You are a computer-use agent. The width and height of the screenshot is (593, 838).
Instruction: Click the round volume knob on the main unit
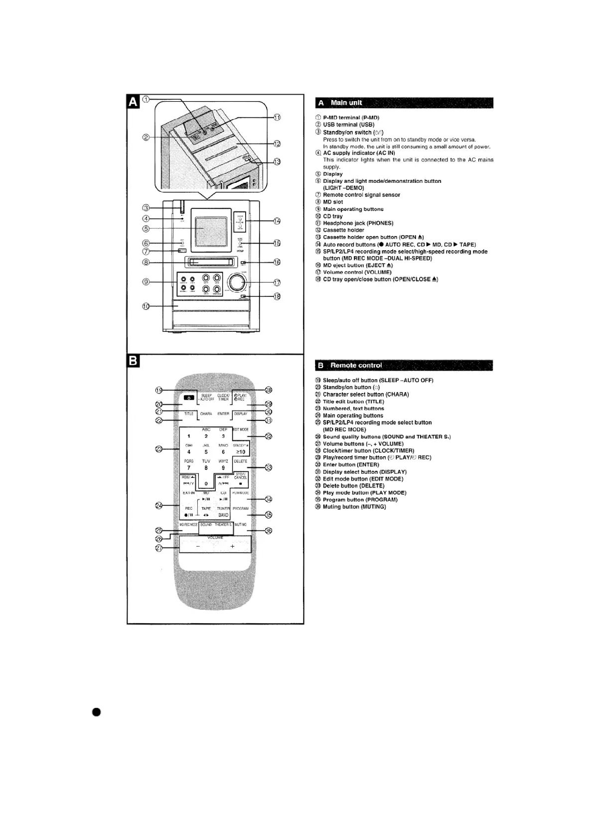click(236, 283)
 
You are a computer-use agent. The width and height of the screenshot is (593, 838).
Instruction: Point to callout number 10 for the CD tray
click(146, 306)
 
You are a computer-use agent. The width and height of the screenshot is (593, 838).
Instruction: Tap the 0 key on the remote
click(206, 484)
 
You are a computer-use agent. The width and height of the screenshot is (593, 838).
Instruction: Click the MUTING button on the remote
click(240, 525)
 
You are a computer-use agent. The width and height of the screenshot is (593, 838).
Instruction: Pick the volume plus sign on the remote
click(232, 547)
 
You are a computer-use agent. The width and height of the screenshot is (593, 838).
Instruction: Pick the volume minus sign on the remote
click(198, 547)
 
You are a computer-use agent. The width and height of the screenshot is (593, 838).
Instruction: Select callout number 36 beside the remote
click(269, 531)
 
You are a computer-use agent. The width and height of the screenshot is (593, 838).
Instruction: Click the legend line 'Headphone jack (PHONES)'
click(358, 223)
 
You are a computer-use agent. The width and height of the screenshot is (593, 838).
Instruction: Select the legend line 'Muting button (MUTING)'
click(354, 507)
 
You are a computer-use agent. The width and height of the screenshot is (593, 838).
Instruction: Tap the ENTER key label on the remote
click(223, 414)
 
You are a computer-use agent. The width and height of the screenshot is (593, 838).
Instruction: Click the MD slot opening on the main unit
click(209, 262)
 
